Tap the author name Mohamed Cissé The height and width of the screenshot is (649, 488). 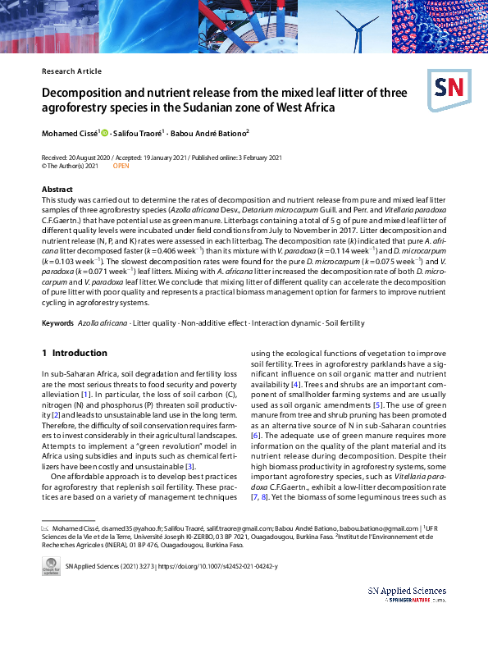click(x=70, y=132)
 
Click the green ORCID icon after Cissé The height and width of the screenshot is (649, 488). click(x=105, y=132)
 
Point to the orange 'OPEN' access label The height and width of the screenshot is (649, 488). click(x=121, y=166)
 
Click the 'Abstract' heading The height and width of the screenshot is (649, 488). click(x=57, y=190)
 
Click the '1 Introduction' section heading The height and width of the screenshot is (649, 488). click(x=74, y=354)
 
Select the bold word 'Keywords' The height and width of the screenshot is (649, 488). click(x=57, y=323)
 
